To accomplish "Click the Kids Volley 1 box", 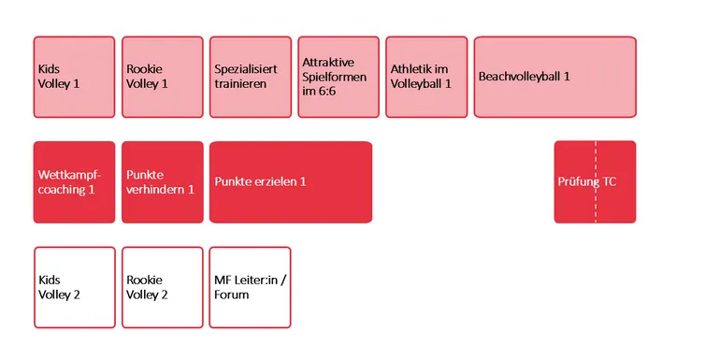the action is point(74,77).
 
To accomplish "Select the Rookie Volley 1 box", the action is point(163,77).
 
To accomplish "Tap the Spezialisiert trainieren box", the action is point(251,77).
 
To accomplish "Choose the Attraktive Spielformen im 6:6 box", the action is point(338,77).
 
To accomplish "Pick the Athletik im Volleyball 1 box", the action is point(426,77).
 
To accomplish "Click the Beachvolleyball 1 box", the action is point(555,77).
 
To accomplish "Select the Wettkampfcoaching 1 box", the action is point(74,182).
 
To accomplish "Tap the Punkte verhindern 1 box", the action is point(163,182).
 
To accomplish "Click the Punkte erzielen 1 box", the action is point(291,182).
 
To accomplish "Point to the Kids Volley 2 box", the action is point(75,287).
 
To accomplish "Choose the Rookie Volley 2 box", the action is point(163,287).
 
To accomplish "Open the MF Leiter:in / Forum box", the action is point(251,287).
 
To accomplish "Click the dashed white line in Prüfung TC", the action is point(596,181).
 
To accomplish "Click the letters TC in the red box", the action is point(610,181).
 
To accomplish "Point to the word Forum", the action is point(232,295).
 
